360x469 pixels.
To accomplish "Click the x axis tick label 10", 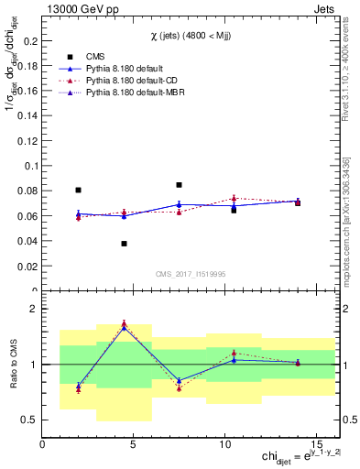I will [225, 445].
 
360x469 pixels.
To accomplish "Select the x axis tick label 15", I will [317, 445].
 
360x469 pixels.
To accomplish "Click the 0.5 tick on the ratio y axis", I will [29, 420].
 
